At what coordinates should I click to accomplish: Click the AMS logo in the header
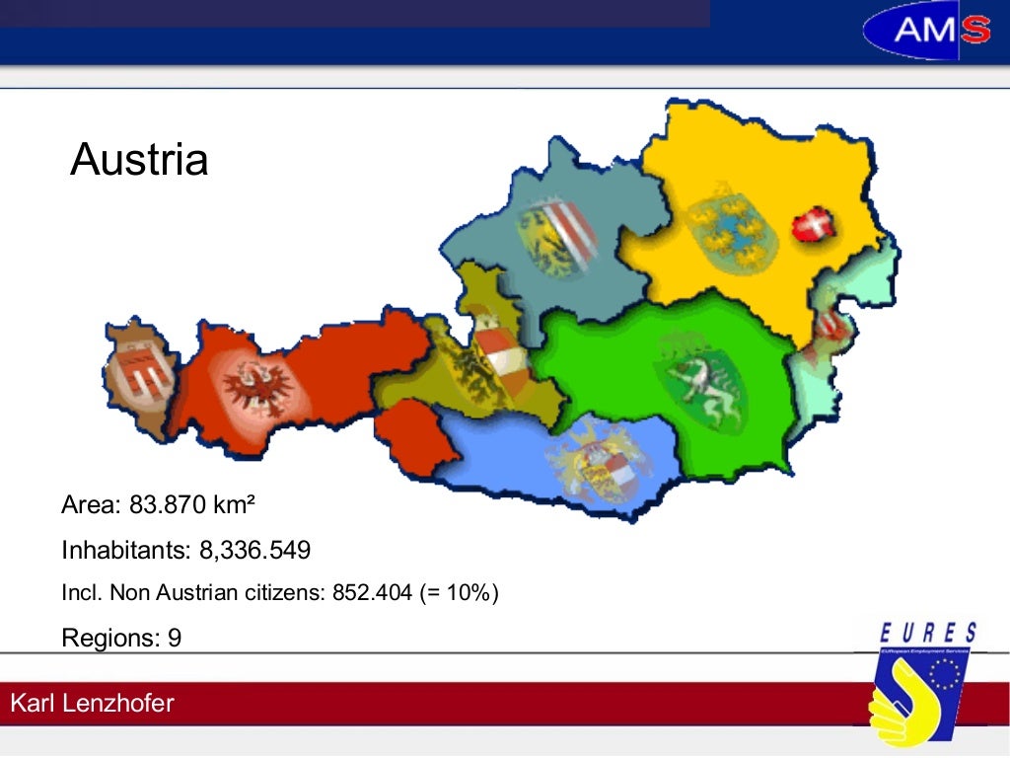click(x=926, y=32)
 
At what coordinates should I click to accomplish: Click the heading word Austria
click(x=139, y=159)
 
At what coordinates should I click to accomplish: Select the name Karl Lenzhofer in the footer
click(x=92, y=704)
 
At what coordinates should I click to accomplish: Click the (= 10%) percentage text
click(x=463, y=593)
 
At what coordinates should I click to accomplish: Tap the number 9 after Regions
click(x=175, y=638)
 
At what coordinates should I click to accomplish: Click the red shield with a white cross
click(x=815, y=228)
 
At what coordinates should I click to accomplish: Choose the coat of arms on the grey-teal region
click(x=558, y=237)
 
